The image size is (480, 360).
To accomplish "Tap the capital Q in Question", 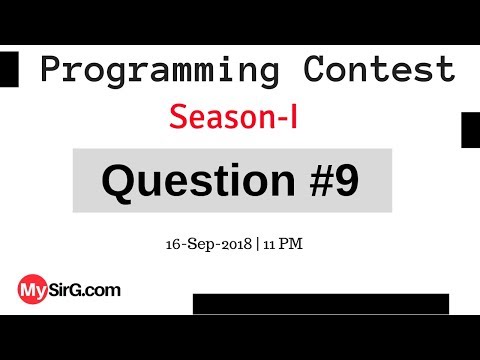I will pos(118,182).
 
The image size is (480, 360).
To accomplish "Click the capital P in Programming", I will pos(51,71).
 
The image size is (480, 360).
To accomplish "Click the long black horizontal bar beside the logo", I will pos(320,304).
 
